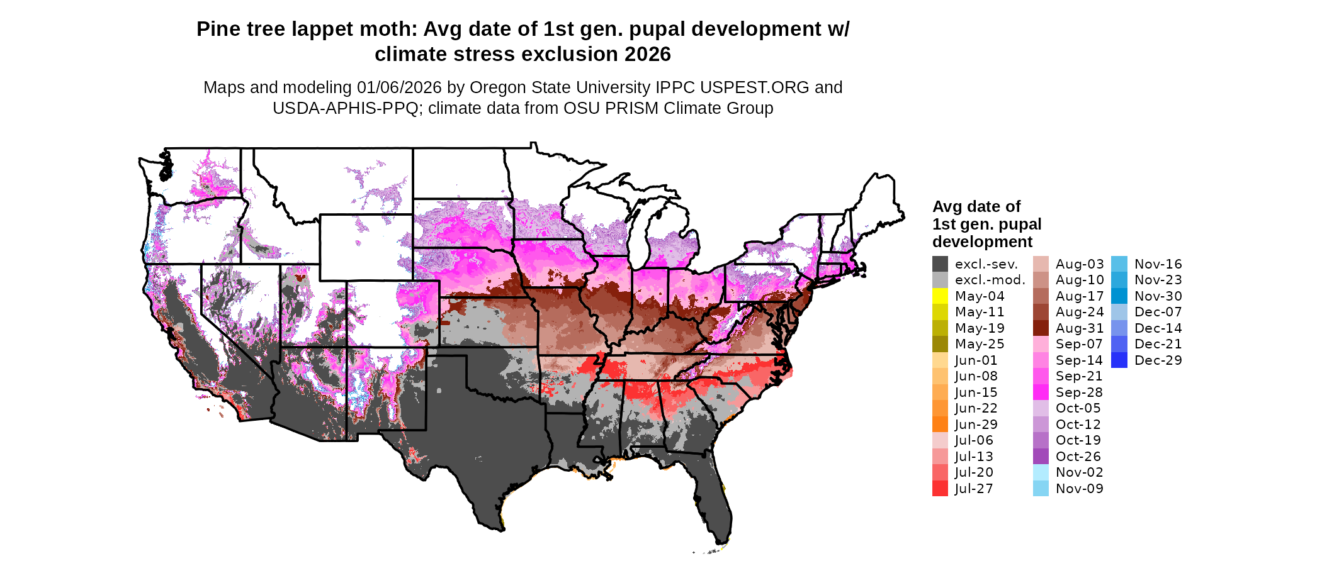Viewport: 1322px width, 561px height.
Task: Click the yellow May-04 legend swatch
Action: point(940,296)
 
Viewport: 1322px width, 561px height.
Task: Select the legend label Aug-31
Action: point(1080,328)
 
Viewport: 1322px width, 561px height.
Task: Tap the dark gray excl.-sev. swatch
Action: point(940,264)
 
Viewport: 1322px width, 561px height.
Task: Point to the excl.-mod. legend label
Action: point(990,280)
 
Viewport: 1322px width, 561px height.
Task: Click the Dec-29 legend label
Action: point(1158,360)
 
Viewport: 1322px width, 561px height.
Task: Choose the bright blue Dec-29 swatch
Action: point(1119,360)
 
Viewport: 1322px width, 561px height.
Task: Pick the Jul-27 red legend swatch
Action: point(940,488)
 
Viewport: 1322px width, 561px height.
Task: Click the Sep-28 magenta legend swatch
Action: point(1041,392)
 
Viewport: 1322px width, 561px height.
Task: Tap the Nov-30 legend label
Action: point(1158,296)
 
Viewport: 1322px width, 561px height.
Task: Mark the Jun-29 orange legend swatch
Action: point(940,424)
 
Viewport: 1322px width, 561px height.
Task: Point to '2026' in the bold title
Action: point(648,54)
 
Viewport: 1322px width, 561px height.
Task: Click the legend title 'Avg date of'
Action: point(976,206)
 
